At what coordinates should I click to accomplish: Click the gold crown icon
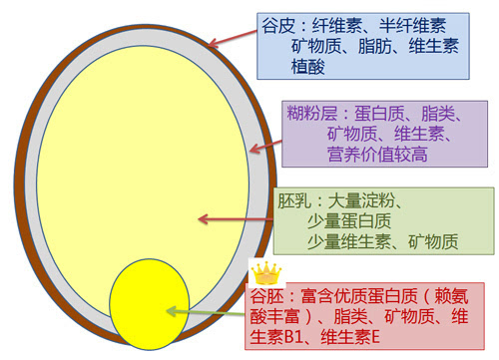265,270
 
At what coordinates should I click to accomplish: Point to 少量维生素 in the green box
351,241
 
